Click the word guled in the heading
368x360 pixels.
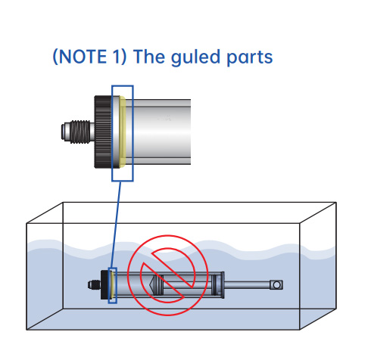(x=195, y=57)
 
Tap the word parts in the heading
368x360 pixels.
(x=250, y=58)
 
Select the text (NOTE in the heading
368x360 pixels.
(x=80, y=57)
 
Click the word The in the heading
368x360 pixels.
(x=149, y=57)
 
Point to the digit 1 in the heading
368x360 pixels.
(x=116, y=57)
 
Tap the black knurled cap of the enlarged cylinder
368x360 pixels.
(x=103, y=132)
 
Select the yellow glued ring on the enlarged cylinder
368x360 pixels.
(x=123, y=132)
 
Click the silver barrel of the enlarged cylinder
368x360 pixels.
(x=158, y=132)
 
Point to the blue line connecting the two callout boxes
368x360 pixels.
(x=116, y=225)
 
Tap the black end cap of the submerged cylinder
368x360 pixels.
(x=104, y=285)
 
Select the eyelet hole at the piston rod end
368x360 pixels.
(x=276, y=285)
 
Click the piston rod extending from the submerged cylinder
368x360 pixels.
(x=248, y=285)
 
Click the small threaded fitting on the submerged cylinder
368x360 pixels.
(x=94, y=285)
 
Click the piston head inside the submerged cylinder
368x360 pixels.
(x=156, y=285)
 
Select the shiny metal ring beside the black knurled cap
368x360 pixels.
(x=116, y=132)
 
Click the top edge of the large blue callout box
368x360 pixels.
(x=123, y=86)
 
